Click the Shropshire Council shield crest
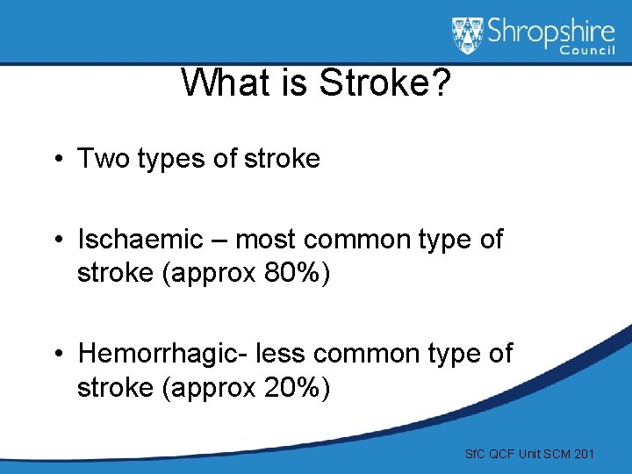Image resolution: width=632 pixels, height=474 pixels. pos(467,36)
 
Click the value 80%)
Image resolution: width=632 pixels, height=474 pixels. pos(297,273)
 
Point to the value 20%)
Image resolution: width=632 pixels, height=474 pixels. pos(297,386)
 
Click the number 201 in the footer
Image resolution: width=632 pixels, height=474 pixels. pos(583,454)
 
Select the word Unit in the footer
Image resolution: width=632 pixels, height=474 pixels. pos(530,454)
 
